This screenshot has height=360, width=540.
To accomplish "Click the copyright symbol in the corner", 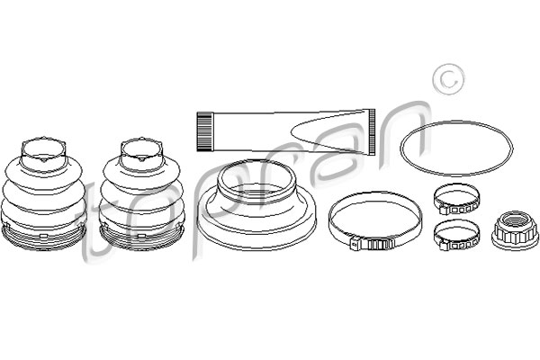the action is click(448, 79).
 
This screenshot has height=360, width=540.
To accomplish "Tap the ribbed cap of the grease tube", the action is click(203, 131).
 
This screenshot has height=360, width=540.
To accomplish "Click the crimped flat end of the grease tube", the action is click(372, 131).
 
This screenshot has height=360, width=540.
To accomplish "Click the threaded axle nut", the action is click(516, 230).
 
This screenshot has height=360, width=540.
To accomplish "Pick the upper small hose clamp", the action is click(456, 199).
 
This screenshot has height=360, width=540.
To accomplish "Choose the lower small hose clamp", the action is click(456, 235).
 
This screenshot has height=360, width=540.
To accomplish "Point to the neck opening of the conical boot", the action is click(256, 178).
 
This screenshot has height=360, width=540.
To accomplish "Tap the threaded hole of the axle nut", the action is click(516, 220).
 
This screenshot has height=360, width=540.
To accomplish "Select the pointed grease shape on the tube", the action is click(328, 131).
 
